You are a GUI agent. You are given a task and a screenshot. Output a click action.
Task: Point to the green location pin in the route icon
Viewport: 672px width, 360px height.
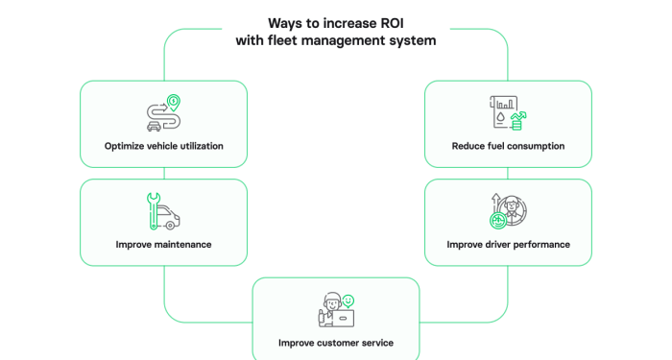173,101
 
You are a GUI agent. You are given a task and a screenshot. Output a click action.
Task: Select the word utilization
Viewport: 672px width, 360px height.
199,147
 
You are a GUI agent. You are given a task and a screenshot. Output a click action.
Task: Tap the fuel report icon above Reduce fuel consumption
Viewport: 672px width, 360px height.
507,112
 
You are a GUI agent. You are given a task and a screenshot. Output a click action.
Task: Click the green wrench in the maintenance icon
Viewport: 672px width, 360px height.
151,211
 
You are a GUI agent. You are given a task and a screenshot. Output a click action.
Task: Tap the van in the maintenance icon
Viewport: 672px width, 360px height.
169,218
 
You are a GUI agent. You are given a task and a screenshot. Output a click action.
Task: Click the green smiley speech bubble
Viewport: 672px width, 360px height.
348,300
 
